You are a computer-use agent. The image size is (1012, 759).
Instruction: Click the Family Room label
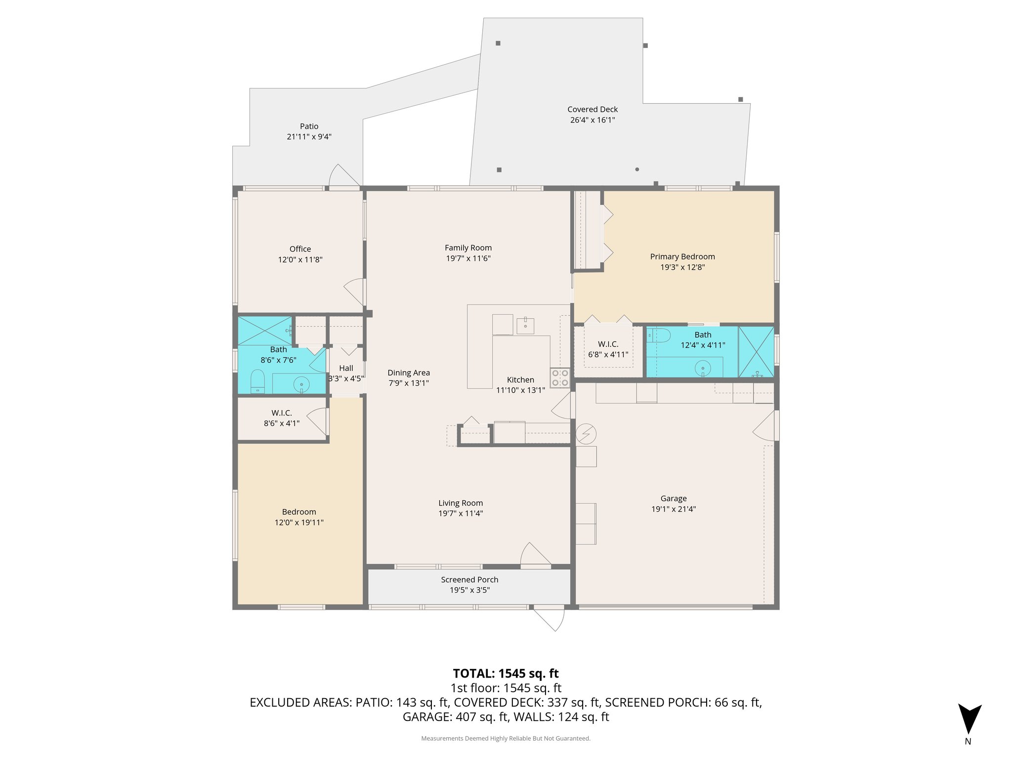tap(468, 248)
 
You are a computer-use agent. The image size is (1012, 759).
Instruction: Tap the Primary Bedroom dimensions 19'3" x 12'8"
tap(682, 267)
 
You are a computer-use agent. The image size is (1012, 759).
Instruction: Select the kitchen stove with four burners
tap(560, 378)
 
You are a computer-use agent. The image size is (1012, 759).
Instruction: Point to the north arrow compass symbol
tap(969, 719)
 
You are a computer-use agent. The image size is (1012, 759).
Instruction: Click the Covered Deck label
tap(592, 109)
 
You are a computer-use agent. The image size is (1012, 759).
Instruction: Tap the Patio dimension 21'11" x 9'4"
tap(309, 137)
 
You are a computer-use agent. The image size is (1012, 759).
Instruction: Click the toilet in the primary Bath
tap(658, 336)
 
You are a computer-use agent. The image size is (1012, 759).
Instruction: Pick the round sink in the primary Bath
tap(702, 368)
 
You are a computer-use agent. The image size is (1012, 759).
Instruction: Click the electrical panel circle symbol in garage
tap(586, 434)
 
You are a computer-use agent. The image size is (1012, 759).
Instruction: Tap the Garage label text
tap(673, 499)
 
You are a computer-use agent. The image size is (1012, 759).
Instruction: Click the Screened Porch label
tap(469, 580)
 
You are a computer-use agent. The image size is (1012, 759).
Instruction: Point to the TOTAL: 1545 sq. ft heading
tap(506, 674)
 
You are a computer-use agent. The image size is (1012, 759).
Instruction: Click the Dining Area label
tap(408, 373)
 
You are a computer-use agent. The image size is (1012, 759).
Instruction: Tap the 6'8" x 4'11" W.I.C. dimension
tap(608, 354)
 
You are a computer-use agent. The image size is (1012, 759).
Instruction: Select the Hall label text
tap(346, 368)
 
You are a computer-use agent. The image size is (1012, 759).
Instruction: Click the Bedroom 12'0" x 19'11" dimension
tap(299, 522)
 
